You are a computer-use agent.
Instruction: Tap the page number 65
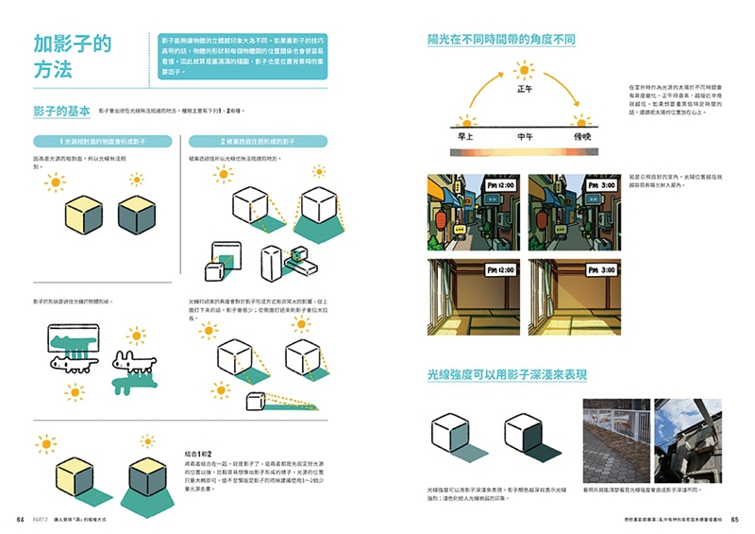pos(734,519)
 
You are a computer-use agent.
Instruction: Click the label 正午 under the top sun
pos(525,90)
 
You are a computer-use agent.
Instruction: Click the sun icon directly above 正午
pos(524,68)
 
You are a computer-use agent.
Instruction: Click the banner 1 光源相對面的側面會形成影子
pos(102,141)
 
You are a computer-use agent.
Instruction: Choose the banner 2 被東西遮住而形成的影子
pos(258,141)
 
